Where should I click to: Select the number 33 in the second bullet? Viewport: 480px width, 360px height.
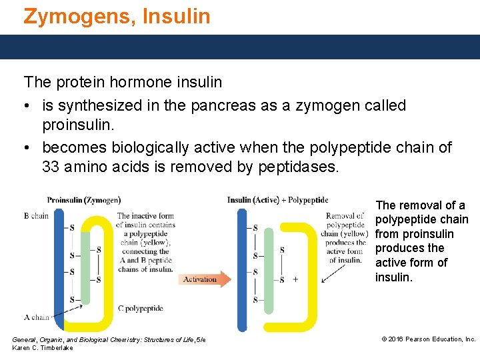point(51,167)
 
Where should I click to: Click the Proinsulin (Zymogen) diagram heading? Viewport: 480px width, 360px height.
point(83,200)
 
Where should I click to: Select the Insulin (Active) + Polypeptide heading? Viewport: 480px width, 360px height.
point(277,200)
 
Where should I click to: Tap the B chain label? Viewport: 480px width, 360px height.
point(37,215)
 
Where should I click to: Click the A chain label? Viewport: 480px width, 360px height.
point(37,317)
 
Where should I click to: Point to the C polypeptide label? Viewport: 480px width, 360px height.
point(141,309)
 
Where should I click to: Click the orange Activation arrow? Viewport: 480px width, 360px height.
point(204,279)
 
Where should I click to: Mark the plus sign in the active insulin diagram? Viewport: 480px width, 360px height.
point(295,279)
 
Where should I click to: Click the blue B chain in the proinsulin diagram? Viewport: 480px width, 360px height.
point(59,267)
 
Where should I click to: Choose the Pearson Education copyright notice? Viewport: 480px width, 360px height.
point(428,339)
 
